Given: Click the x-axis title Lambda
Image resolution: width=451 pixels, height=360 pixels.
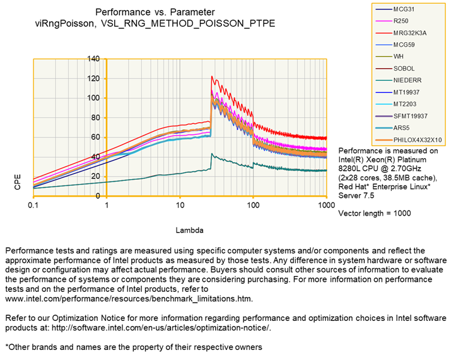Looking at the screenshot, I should [x=179, y=231].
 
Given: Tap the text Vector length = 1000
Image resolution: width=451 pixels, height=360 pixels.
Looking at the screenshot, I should [x=375, y=214].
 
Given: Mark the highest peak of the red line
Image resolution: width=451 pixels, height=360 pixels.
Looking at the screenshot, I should [x=211, y=77].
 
